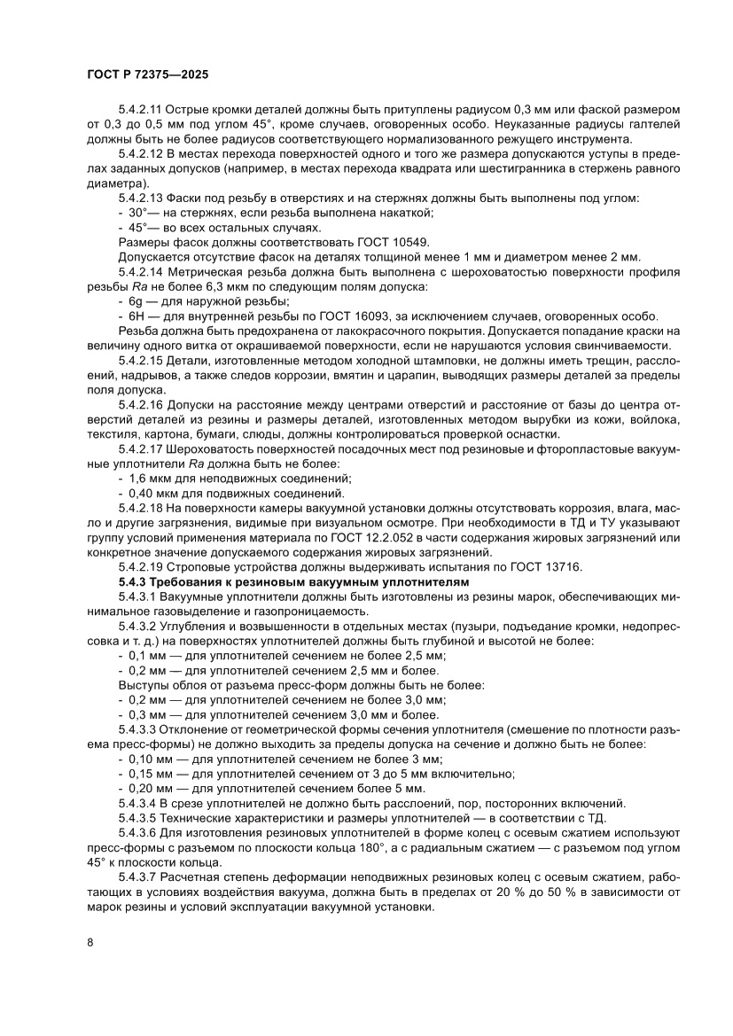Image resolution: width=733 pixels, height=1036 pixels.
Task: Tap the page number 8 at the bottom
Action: point(90,941)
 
